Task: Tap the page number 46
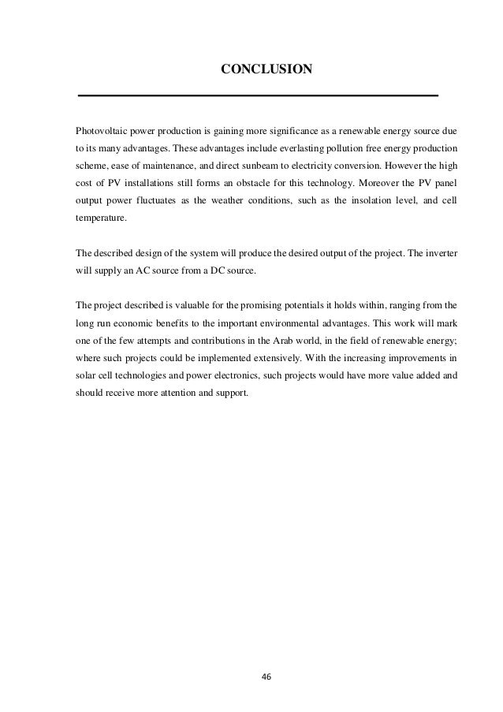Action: [x=266, y=675]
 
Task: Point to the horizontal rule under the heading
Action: [x=257, y=95]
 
